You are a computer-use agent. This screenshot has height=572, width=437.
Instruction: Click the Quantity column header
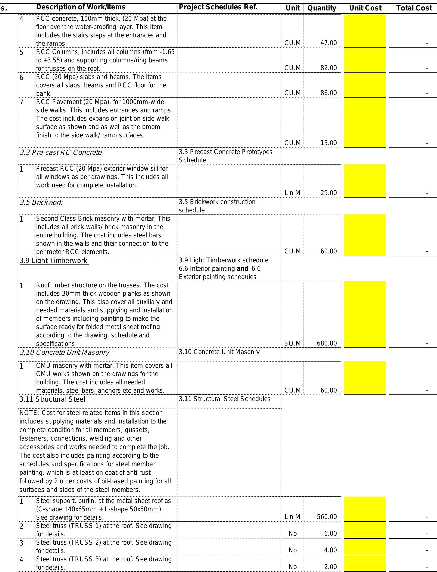(x=322, y=8)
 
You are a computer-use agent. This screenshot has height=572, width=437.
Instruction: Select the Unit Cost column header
(x=365, y=8)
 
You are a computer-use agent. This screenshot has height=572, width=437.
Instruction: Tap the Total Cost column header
(x=414, y=8)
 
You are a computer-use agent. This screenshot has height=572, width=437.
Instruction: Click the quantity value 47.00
(x=328, y=43)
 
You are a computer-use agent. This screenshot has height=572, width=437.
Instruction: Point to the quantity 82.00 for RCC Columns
(x=328, y=68)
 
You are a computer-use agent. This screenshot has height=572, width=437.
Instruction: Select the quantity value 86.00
(x=328, y=93)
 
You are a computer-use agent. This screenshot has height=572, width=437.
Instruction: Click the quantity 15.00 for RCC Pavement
(x=328, y=143)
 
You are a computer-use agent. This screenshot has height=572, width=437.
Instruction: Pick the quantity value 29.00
(x=328, y=193)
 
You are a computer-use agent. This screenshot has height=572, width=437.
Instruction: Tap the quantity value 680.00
(x=327, y=343)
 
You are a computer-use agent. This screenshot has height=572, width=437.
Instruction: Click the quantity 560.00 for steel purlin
(x=327, y=517)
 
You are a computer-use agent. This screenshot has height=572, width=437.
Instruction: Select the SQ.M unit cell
(x=292, y=343)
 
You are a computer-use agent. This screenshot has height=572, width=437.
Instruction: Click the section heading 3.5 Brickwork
(x=41, y=202)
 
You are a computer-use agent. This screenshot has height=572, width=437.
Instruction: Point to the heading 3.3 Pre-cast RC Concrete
(x=61, y=152)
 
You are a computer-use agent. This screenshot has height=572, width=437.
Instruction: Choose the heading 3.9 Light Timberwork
(x=54, y=260)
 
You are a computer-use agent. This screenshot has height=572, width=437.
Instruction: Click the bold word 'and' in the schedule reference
(x=242, y=268)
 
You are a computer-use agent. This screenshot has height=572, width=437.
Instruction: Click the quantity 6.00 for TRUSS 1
(x=330, y=533)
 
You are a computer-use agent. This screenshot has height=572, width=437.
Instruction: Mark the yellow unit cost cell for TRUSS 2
(x=365, y=547)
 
